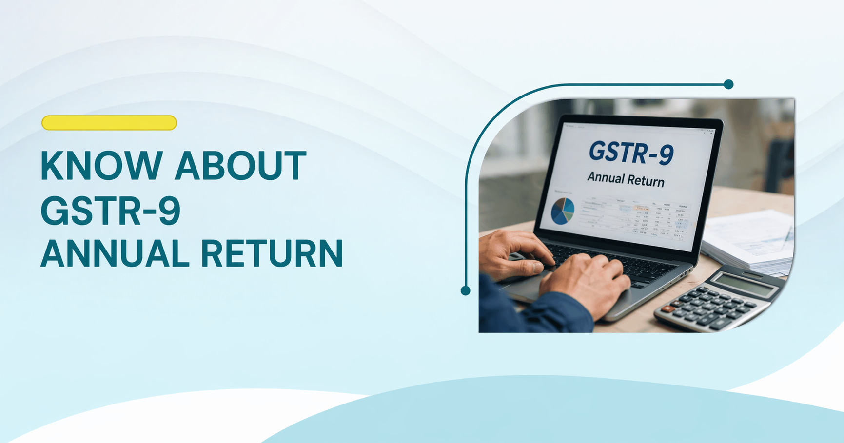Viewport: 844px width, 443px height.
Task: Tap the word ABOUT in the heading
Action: tap(240, 166)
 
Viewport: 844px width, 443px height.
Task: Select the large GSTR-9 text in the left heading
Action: tap(111, 211)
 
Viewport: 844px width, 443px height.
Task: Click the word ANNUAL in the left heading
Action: tap(115, 254)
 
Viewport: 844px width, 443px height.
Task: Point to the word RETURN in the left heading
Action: tap(272, 254)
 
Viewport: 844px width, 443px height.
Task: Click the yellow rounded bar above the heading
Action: tap(109, 123)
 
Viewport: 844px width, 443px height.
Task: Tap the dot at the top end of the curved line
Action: tap(728, 84)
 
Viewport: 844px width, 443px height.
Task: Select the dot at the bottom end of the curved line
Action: tap(466, 291)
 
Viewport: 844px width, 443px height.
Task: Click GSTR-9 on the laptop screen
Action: tap(631, 153)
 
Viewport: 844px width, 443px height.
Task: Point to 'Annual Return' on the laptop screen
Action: tap(626, 179)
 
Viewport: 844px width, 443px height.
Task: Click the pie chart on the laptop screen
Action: tap(562, 211)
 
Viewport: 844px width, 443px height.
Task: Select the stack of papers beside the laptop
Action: tap(751, 241)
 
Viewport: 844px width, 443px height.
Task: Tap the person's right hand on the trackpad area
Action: tap(585, 283)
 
